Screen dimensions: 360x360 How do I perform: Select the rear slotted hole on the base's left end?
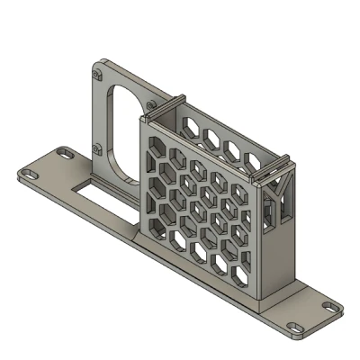(62, 154)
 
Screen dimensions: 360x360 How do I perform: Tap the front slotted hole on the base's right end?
(294, 327)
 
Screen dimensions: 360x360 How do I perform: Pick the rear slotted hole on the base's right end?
(332, 307)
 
